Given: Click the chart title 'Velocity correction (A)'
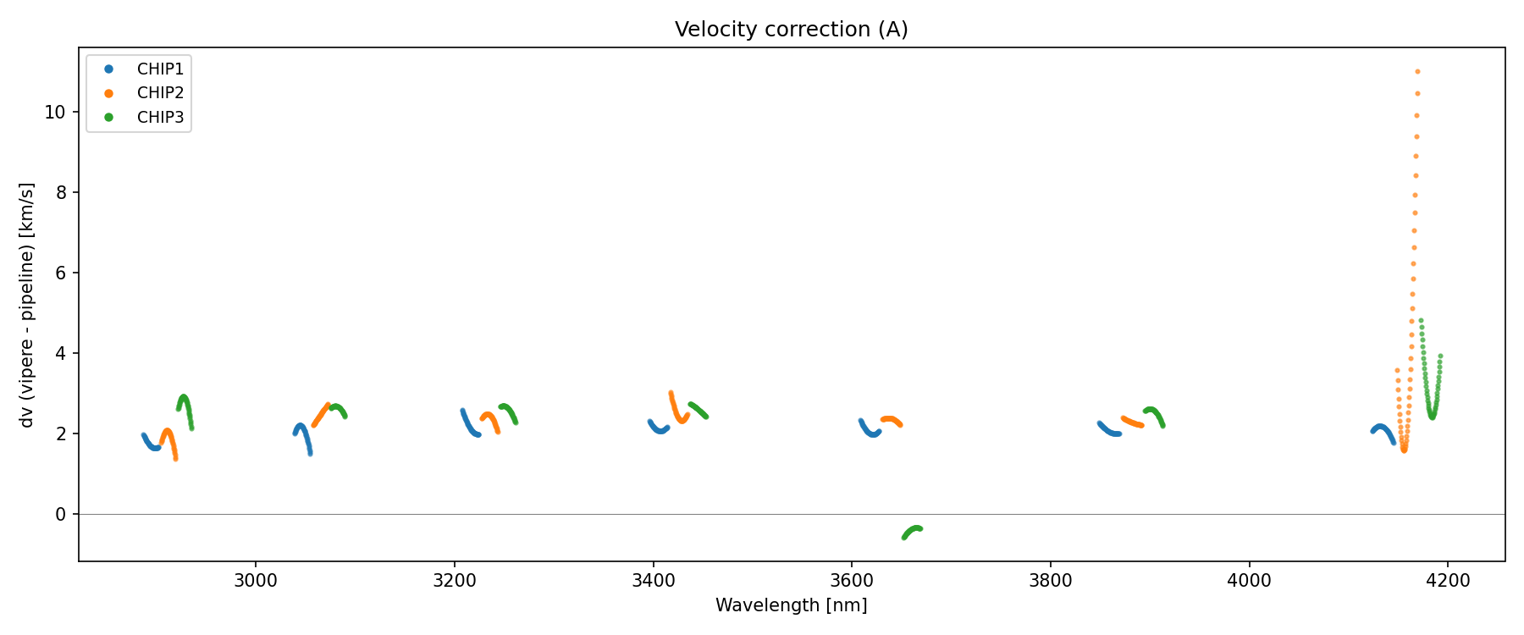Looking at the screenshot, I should (791, 30).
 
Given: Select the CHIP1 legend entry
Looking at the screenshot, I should (160, 69).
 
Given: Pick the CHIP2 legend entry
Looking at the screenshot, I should (160, 93).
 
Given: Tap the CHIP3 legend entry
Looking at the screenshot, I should (160, 118).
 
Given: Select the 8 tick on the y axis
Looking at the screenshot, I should (60, 192).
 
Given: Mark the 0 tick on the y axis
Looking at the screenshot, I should (60, 514).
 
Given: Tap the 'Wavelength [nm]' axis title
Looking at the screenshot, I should (791, 605).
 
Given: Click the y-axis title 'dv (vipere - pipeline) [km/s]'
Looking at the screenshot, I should (27, 305).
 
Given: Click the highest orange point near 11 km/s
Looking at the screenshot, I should (1417, 72).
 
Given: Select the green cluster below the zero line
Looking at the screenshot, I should (912, 532).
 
